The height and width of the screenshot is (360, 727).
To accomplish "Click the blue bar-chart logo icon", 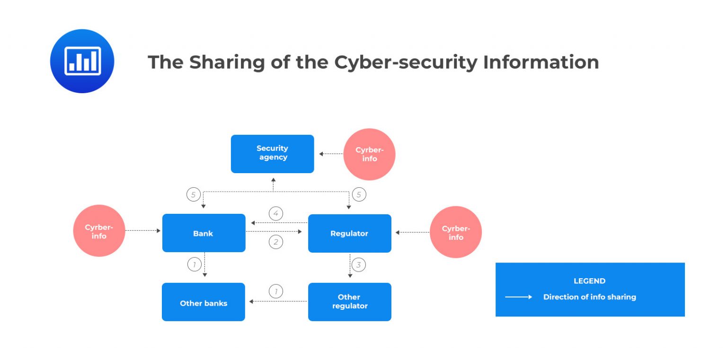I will (x=82, y=61).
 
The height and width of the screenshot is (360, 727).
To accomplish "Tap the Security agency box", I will (x=273, y=153).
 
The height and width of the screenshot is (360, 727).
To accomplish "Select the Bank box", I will (x=204, y=233).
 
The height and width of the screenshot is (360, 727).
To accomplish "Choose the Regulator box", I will (x=349, y=233).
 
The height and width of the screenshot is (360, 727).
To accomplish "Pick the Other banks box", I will (x=204, y=303).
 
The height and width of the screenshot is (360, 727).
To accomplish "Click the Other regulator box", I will (x=349, y=302).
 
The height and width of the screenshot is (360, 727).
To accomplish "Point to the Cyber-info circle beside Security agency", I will (x=369, y=154).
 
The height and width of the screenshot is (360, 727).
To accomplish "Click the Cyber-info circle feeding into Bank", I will (x=99, y=231).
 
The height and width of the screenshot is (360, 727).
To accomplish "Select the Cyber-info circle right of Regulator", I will (x=456, y=232).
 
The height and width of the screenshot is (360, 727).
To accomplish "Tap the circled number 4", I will (x=276, y=214).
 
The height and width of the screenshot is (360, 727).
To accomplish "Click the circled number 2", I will (x=276, y=242).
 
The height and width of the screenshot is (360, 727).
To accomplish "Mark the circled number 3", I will (x=358, y=265).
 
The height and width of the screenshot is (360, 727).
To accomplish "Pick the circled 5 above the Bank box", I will (x=193, y=194).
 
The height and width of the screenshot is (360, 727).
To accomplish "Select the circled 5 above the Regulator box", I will (x=359, y=194).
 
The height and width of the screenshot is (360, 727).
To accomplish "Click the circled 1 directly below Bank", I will (x=194, y=264).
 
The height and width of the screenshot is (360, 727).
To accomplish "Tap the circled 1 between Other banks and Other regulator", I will (x=276, y=291).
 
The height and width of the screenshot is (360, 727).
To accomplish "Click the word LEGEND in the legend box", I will (x=589, y=281).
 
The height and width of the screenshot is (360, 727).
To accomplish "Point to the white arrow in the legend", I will (x=519, y=297).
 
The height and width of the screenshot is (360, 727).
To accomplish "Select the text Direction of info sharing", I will (x=589, y=297).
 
